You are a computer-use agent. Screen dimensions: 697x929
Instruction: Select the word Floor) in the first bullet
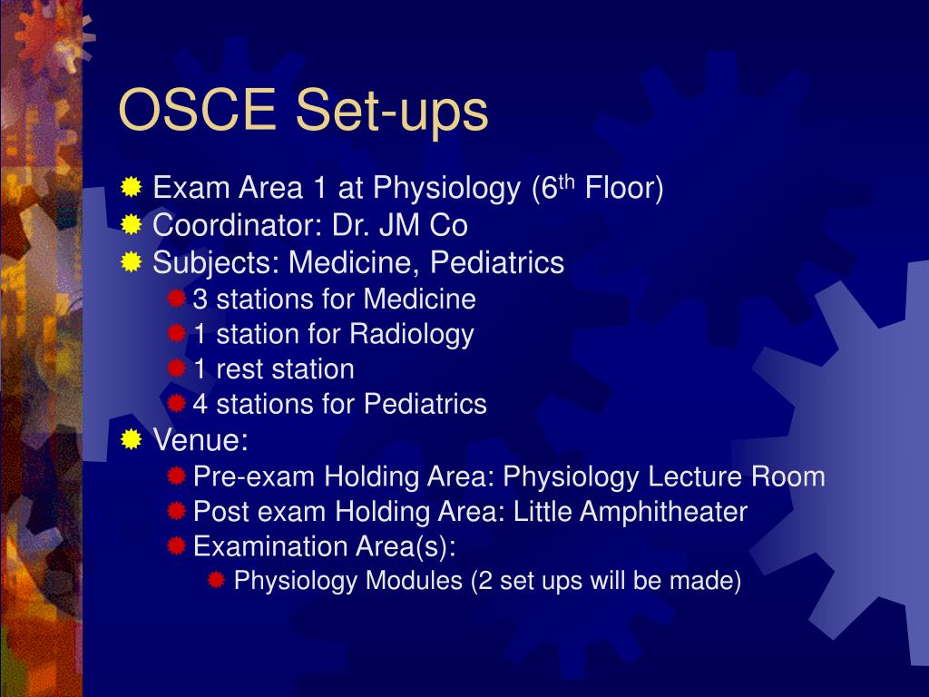(x=624, y=189)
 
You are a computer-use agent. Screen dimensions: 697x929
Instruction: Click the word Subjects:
(x=216, y=263)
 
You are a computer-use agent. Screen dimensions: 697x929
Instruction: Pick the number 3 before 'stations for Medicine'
(x=200, y=299)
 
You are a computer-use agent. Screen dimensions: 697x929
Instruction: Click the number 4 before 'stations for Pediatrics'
(x=200, y=404)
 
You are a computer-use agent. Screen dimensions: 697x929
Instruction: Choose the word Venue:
(x=200, y=441)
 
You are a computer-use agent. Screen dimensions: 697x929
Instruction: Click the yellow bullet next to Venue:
(x=132, y=440)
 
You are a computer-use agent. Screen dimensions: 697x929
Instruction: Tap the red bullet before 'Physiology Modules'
(x=217, y=581)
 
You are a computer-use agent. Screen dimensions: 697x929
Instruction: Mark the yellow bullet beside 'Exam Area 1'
(x=132, y=188)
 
